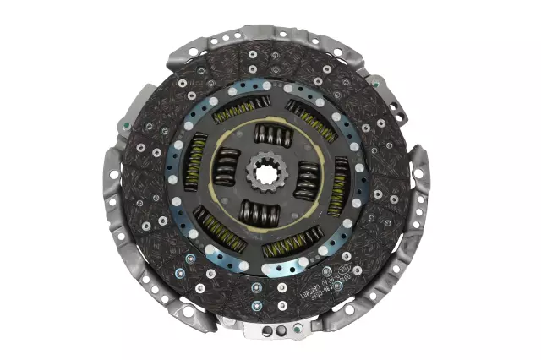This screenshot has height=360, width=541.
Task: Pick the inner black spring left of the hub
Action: click(x=226, y=164)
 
